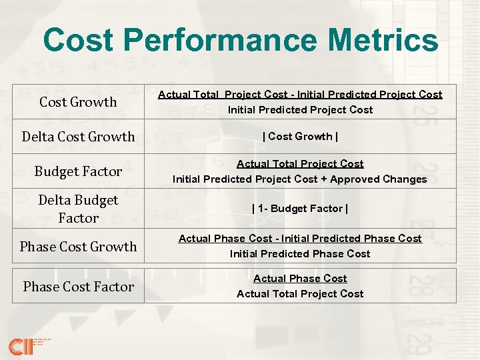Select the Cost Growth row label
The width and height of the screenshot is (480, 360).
coord(78,102)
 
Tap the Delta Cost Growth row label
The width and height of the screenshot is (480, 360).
coord(78,137)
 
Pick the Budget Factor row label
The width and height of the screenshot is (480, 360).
coord(78,171)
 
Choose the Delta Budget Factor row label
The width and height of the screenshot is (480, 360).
coord(78,209)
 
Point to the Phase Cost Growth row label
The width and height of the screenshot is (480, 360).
coord(78,247)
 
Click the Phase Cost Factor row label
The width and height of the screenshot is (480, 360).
coord(78,287)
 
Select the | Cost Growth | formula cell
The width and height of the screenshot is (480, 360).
coord(300,137)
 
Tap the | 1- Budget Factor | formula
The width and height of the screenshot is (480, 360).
coord(300,209)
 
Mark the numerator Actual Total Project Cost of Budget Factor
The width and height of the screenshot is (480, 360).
coord(300,164)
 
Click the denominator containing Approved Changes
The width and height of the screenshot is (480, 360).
coord(300,179)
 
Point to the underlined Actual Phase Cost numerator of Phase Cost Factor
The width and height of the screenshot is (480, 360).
coord(300,279)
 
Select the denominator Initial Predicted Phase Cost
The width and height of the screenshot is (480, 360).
coord(300,254)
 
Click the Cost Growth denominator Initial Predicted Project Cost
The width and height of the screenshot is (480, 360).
coord(300,110)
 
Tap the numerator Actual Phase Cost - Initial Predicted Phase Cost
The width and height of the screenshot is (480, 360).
coord(300,239)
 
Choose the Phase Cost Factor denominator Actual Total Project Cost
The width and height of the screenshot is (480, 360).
coord(300,294)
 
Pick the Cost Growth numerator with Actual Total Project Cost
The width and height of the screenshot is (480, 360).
coord(300,95)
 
